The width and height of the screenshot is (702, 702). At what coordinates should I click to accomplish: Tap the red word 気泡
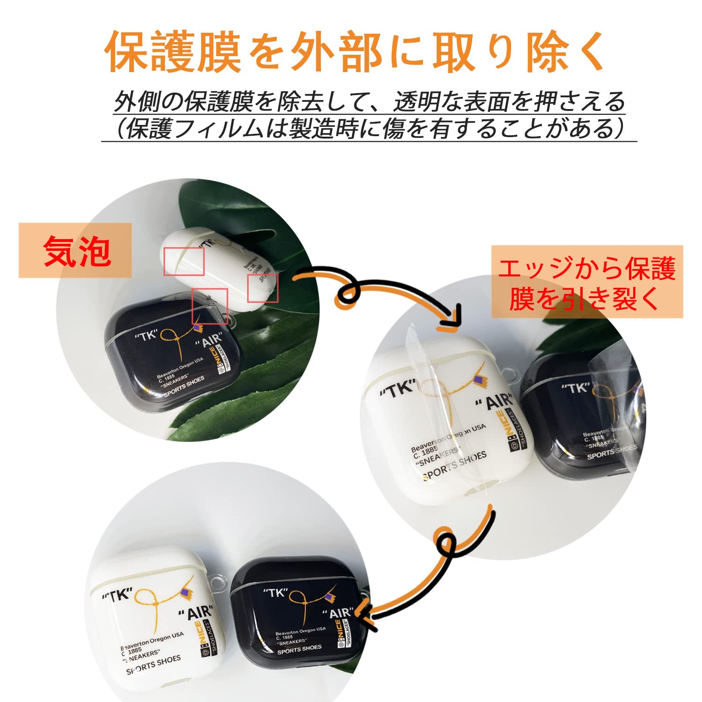[77, 251]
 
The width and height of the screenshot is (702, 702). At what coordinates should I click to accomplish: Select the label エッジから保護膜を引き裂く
[587, 283]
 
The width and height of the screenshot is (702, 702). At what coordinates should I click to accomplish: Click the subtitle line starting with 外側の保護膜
[369, 101]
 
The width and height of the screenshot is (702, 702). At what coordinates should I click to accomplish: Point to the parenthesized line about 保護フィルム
[369, 128]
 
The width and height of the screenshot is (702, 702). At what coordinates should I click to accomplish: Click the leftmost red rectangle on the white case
[184, 261]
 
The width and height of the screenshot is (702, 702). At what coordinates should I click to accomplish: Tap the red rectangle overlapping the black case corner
[210, 306]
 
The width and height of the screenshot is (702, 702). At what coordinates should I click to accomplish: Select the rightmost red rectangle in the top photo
[263, 288]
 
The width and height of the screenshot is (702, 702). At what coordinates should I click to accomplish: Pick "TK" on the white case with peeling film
[397, 388]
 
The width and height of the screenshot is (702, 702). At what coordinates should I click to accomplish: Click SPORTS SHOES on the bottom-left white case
[153, 665]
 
